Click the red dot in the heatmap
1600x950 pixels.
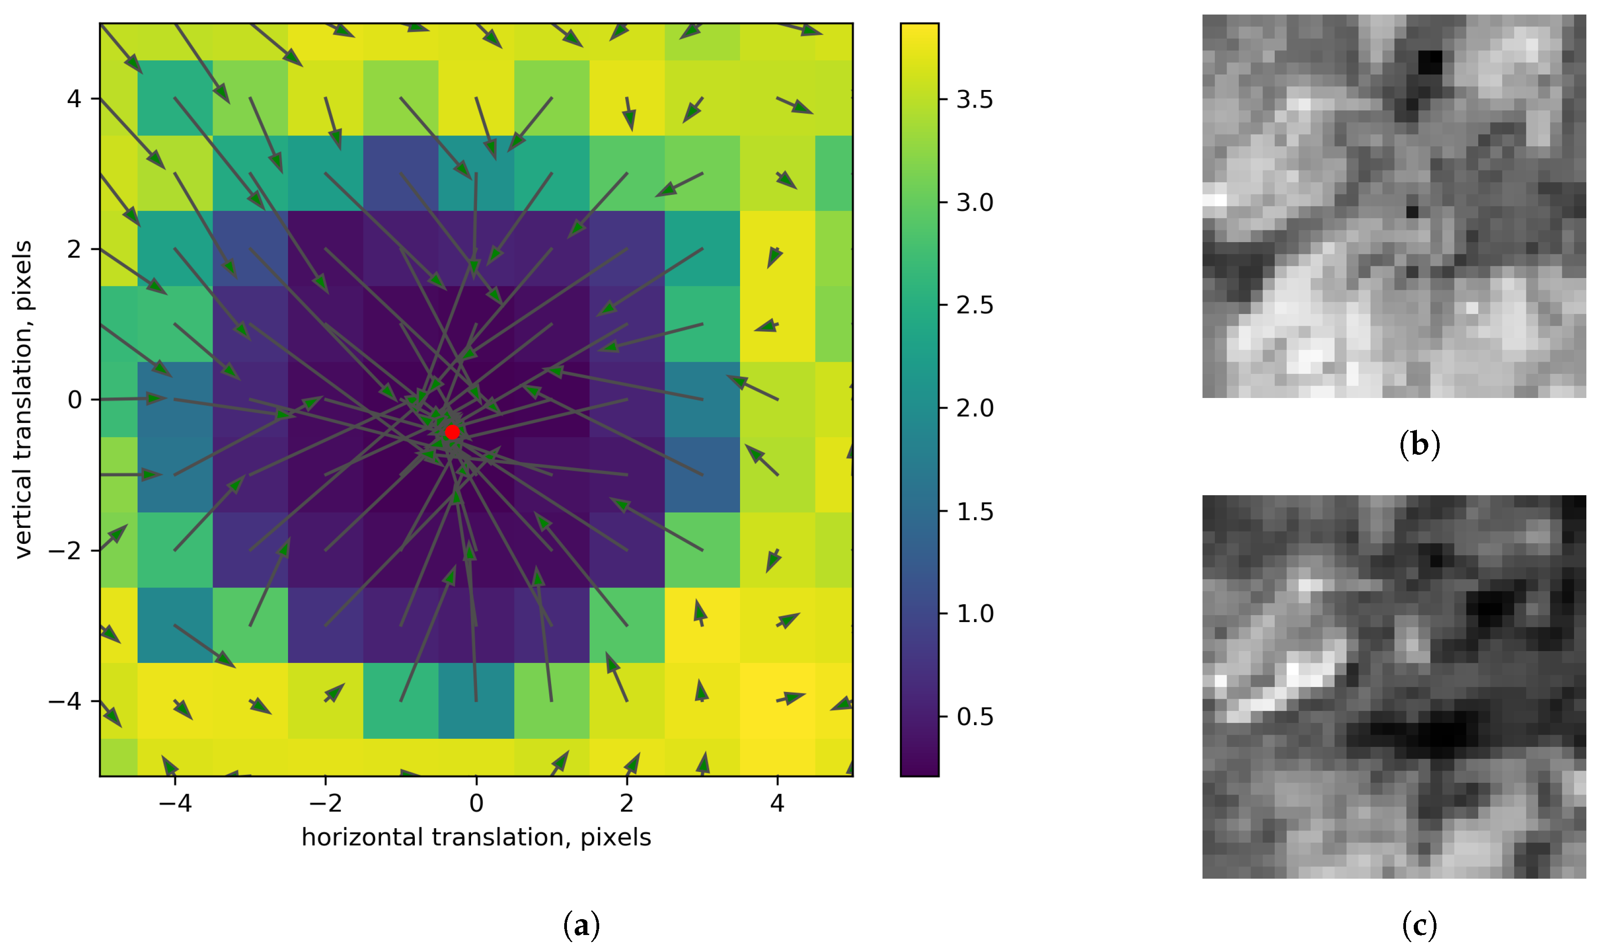(x=452, y=432)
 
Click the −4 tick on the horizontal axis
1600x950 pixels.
(x=175, y=803)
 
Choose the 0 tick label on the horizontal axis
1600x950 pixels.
(x=476, y=803)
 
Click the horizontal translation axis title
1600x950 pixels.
(x=476, y=837)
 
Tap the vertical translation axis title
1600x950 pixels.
(x=23, y=399)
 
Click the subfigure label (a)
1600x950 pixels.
(x=581, y=925)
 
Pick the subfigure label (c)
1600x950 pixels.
(x=1420, y=925)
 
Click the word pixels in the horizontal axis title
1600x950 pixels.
(x=615, y=837)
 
